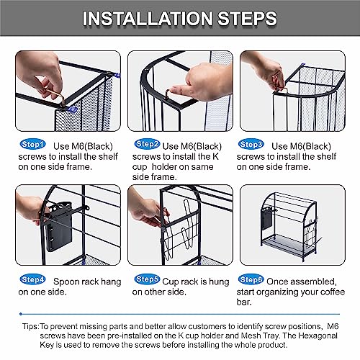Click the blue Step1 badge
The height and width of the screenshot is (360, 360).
[x=32, y=145]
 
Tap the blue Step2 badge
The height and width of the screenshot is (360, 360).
[x=147, y=144]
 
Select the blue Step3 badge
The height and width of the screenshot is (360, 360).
[x=251, y=145]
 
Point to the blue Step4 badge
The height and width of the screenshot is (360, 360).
[x=32, y=279]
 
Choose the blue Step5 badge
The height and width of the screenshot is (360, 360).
[x=147, y=279]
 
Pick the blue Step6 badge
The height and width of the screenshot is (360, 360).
[x=251, y=279]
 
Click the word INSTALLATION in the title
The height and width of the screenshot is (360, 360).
[x=148, y=18]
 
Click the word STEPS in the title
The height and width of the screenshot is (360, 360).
[x=248, y=18]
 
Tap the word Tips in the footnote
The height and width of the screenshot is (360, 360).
[x=30, y=326]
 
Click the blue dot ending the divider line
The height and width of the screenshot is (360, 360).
[x=21, y=314]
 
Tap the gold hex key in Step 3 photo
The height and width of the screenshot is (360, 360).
[x=281, y=90]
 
